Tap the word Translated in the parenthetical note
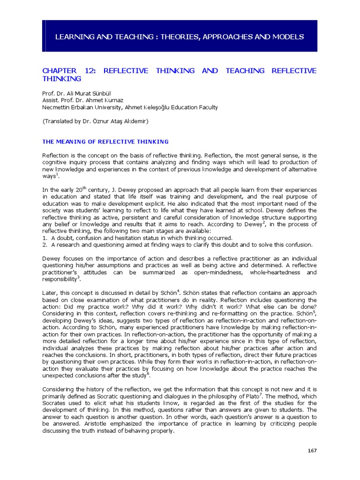pyautogui.click(x=61, y=121)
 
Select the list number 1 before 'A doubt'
pyautogui.click(x=45, y=238)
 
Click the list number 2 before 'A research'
pyautogui.click(x=45, y=244)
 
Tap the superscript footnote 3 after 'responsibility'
pyautogui.click(x=78, y=277)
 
